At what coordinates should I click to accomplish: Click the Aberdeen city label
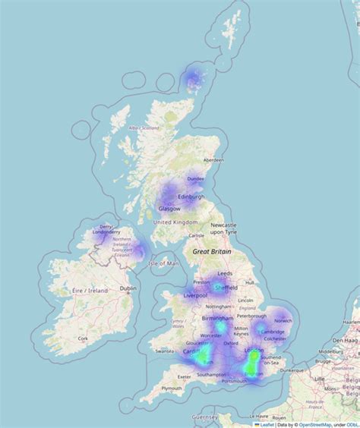(213, 160)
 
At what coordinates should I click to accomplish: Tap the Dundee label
(196, 179)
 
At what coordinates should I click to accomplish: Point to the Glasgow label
(169, 208)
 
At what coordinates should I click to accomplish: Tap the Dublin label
(128, 288)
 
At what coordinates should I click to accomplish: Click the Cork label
(83, 338)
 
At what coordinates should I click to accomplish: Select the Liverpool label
(196, 295)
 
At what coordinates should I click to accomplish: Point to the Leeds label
(225, 272)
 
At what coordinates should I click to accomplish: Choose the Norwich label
(283, 320)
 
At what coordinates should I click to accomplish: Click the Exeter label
(184, 376)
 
